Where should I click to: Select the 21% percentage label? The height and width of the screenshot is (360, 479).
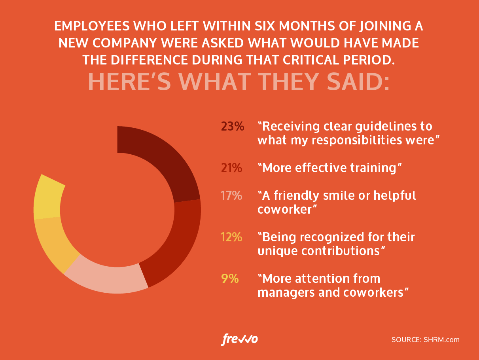click(231, 168)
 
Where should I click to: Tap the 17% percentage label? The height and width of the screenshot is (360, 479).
click(231, 195)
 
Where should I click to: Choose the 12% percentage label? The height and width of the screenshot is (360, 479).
click(231, 237)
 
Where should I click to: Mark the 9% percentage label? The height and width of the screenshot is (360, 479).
click(230, 279)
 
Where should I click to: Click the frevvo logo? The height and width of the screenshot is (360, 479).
click(240, 339)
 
